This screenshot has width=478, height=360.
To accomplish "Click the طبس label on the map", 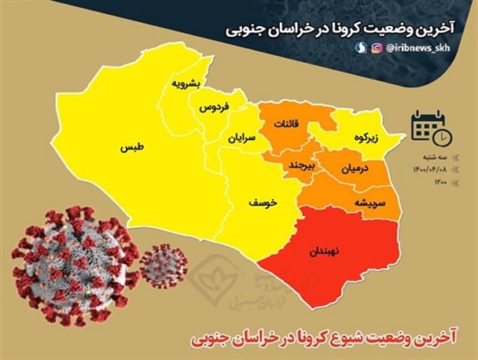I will pyautogui.click(x=131, y=147).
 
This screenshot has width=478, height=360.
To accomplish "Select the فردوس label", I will pyautogui.click(x=213, y=106).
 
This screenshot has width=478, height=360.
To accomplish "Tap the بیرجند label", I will pyautogui.click(x=299, y=166).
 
